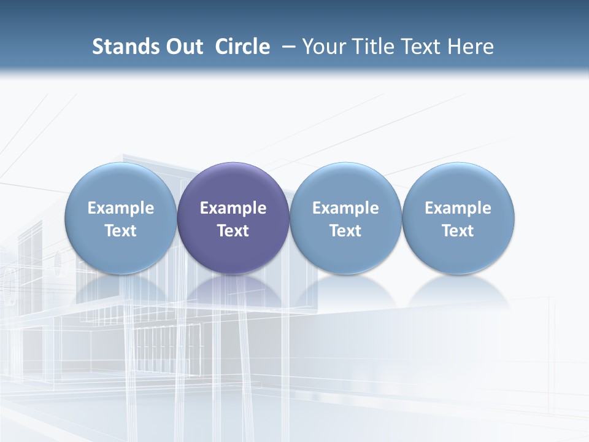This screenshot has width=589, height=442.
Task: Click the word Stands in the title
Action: (123, 47)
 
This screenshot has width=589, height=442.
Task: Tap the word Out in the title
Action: (182, 47)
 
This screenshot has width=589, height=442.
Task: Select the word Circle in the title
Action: (242, 47)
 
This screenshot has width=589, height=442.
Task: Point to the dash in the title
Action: (287, 47)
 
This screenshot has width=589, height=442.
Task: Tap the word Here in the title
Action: (471, 47)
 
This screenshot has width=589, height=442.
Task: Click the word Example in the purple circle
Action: (233, 208)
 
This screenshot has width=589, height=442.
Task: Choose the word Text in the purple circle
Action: (233, 231)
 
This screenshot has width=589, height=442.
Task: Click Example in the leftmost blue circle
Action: (121, 208)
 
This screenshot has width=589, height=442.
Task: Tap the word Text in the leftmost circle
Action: (121, 231)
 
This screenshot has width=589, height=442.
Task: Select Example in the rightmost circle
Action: (458, 208)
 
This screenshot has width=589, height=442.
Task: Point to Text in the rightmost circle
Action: (458, 231)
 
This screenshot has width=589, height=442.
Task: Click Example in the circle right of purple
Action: (345, 208)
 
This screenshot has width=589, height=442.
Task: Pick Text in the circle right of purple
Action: (345, 231)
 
